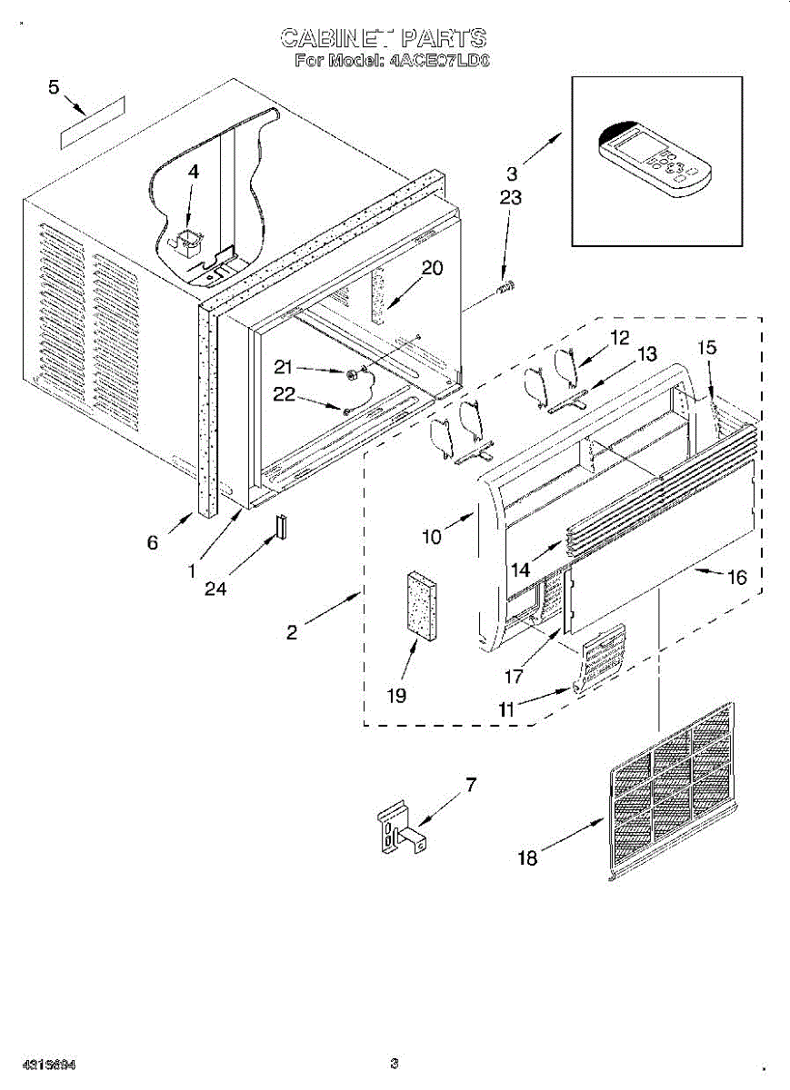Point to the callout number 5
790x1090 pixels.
[53, 87]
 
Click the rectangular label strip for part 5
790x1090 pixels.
[92, 120]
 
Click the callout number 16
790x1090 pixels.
[735, 577]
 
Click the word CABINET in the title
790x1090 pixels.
[333, 38]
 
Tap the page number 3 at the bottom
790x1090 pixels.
[395, 1064]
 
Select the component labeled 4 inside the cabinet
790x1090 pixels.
[188, 242]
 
